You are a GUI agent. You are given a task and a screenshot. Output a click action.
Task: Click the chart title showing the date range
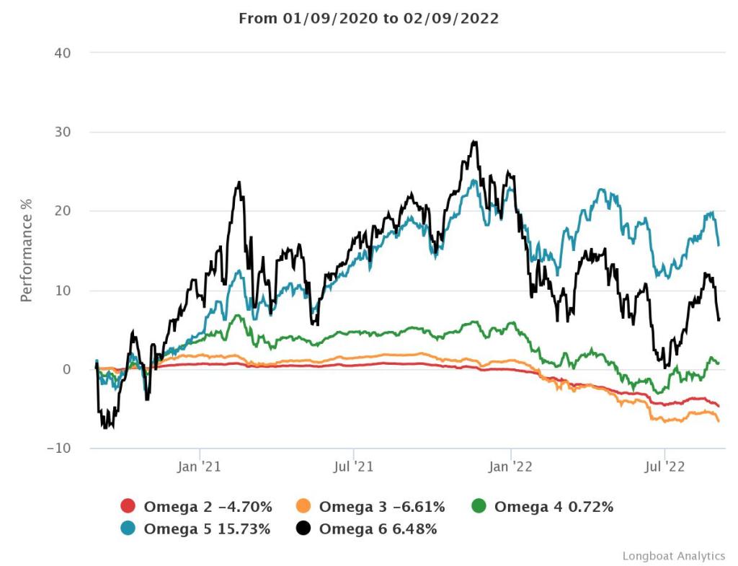(368, 19)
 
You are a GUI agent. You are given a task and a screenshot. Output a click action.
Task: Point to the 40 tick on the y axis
(70, 53)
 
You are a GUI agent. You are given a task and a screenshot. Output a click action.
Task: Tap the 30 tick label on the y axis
(70, 132)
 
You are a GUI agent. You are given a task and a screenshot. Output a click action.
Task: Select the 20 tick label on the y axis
(70, 211)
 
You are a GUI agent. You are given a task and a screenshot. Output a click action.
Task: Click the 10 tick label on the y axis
(70, 291)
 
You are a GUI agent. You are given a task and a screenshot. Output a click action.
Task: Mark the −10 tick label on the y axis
(66, 448)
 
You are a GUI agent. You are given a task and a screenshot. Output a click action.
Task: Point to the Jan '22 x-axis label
(510, 467)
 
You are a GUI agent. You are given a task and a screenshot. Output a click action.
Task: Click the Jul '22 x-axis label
(664, 467)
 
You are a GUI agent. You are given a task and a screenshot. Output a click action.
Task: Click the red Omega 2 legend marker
(128, 507)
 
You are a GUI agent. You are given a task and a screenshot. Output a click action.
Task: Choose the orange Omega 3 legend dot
(303, 507)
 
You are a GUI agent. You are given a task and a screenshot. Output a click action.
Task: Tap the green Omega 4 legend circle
(479, 507)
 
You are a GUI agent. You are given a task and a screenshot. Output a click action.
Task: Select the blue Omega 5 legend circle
(128, 529)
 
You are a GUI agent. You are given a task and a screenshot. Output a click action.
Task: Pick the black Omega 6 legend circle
(303, 529)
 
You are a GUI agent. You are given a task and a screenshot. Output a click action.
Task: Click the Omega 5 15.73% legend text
(207, 529)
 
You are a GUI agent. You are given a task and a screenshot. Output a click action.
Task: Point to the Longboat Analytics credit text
(673, 556)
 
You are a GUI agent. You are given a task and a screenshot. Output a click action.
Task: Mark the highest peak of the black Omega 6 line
(474, 141)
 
